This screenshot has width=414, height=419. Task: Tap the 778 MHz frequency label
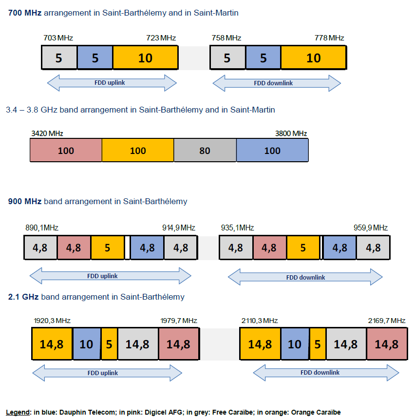tap(329, 38)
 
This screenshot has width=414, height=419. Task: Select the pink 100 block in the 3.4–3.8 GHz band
tap(66, 150)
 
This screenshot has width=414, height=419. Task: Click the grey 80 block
tap(205, 150)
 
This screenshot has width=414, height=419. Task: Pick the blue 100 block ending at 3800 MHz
tap(272, 150)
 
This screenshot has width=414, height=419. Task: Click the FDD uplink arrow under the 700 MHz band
tap(112, 83)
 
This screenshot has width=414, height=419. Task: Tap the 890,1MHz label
tap(42, 228)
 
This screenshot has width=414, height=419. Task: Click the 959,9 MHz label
tap(370, 228)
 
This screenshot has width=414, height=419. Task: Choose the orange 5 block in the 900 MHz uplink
tap(108, 248)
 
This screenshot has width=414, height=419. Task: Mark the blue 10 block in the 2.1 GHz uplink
tap(87, 344)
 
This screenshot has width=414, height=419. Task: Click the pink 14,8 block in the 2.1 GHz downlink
tap(387, 344)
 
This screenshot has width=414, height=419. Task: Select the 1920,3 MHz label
tap(52, 320)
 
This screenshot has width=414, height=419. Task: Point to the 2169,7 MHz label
tap(387, 320)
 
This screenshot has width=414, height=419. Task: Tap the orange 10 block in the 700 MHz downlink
tap(313, 58)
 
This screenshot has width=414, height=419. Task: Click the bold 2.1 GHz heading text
tap(24, 297)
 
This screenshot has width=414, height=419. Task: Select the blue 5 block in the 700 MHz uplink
tap(95, 58)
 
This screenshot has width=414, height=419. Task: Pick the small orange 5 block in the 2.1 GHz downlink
tap(318, 344)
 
